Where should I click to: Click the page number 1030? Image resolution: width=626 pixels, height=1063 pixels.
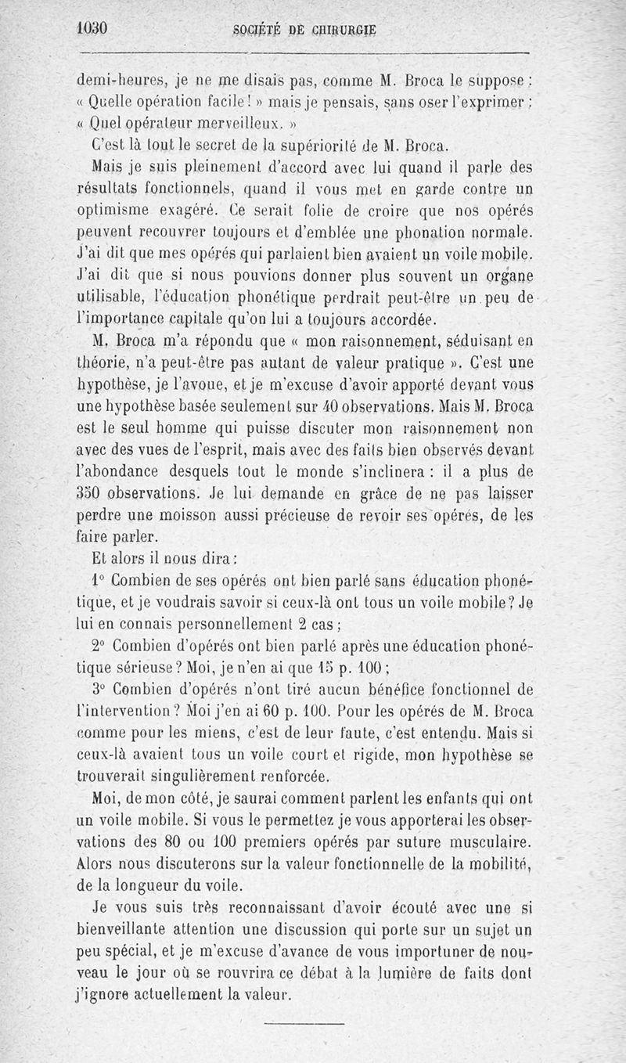click(92, 29)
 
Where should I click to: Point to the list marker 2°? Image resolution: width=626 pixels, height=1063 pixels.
click(98, 646)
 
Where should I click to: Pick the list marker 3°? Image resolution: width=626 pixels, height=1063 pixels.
click(98, 690)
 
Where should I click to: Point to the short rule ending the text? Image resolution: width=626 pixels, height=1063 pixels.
click(304, 1022)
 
